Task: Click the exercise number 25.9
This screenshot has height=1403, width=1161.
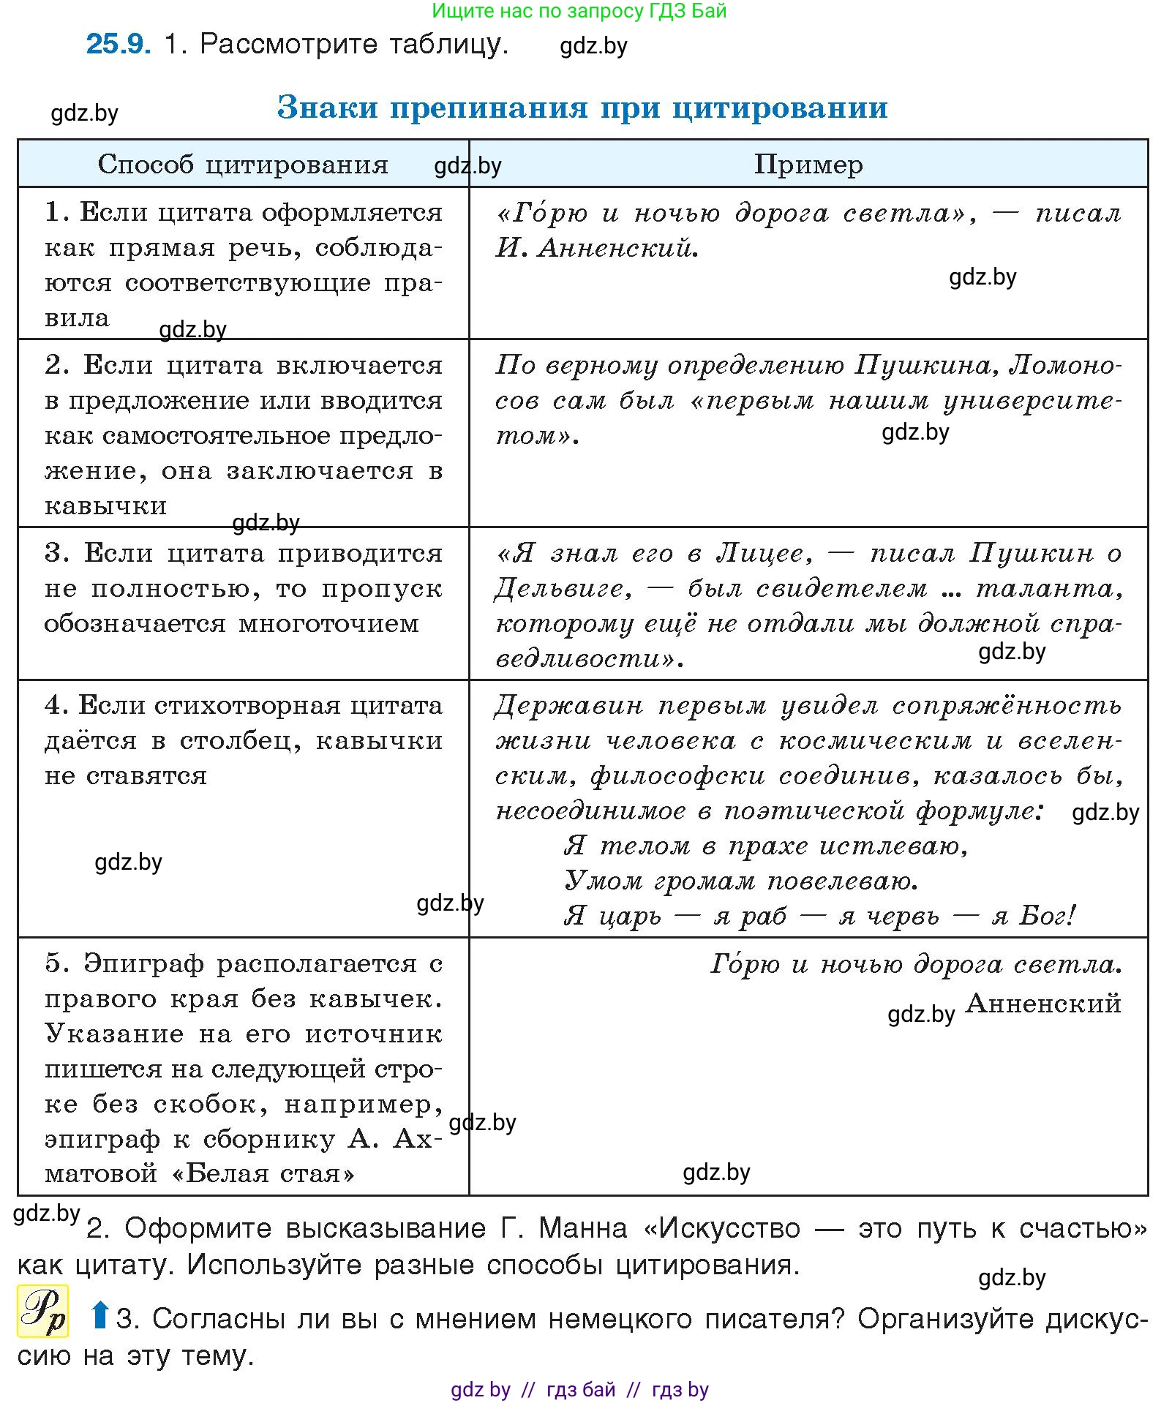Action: pos(118,44)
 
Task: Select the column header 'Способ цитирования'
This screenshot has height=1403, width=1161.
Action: pos(242,164)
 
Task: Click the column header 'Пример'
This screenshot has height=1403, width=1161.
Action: pos(808,164)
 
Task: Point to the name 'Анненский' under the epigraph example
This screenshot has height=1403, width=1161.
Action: pos(1043,1002)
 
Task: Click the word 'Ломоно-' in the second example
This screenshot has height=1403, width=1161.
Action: pos(1064,364)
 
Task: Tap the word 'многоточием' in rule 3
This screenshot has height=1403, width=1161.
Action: pos(328,623)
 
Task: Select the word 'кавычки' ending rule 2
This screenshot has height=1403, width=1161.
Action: pos(105,506)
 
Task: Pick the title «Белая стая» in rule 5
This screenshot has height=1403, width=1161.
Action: pos(263,1173)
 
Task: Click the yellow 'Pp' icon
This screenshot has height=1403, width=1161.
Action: pos(42,1311)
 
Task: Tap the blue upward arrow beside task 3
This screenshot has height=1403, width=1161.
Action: pos(99,1314)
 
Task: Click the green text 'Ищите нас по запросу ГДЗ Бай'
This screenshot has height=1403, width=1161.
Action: pos(579,11)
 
